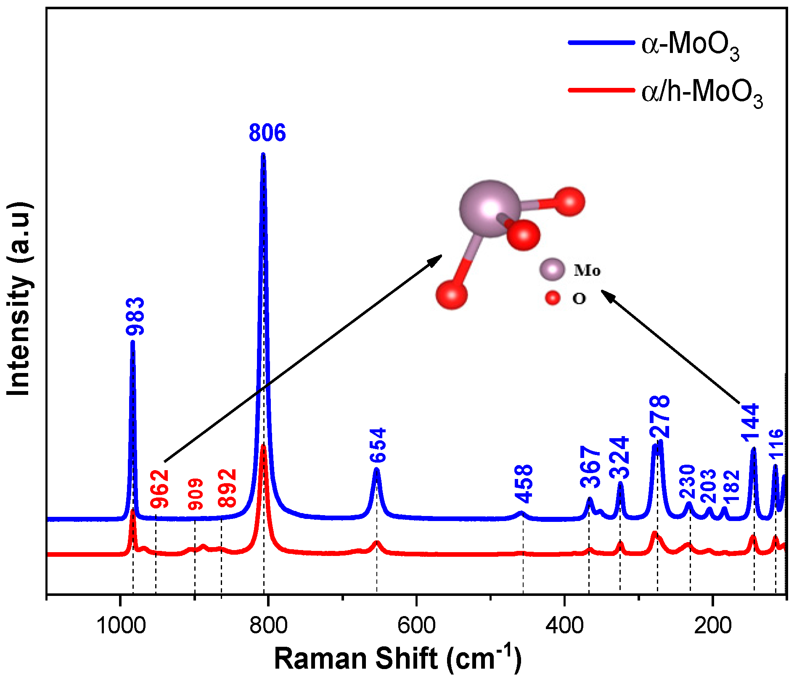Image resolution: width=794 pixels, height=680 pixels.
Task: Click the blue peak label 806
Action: click(x=267, y=132)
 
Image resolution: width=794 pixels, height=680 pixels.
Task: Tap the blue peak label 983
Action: click(x=135, y=316)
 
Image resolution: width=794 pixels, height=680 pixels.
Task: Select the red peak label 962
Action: click(x=160, y=489)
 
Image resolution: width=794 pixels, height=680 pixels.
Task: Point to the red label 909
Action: click(x=196, y=494)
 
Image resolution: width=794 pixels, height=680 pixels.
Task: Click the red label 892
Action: click(x=228, y=488)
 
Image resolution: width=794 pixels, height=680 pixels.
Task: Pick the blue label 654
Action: click(x=378, y=445)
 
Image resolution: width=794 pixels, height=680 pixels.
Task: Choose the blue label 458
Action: click(x=524, y=484)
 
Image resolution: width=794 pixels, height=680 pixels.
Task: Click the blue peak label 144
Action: click(x=751, y=423)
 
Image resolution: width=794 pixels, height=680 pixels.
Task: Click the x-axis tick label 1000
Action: click(x=121, y=625)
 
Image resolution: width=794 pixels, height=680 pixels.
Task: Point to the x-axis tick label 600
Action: click(x=416, y=625)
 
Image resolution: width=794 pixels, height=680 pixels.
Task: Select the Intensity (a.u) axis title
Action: click(x=19, y=299)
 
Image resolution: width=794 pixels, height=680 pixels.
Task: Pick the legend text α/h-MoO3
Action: click(x=701, y=92)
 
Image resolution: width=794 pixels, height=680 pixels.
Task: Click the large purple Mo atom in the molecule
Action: click(x=490, y=209)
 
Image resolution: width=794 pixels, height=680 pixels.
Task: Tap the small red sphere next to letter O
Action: click(x=553, y=298)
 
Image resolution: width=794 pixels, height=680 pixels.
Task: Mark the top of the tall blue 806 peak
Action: click(x=263, y=155)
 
